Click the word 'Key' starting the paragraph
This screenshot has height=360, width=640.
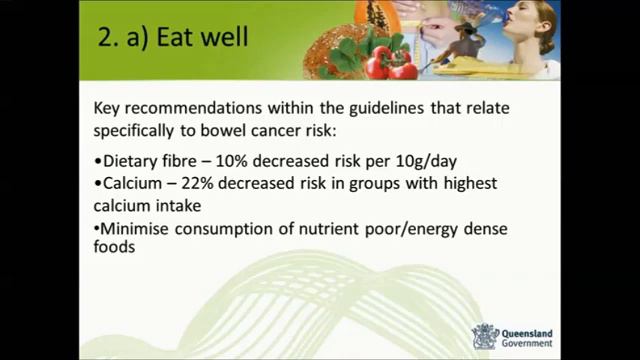click(108, 109)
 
